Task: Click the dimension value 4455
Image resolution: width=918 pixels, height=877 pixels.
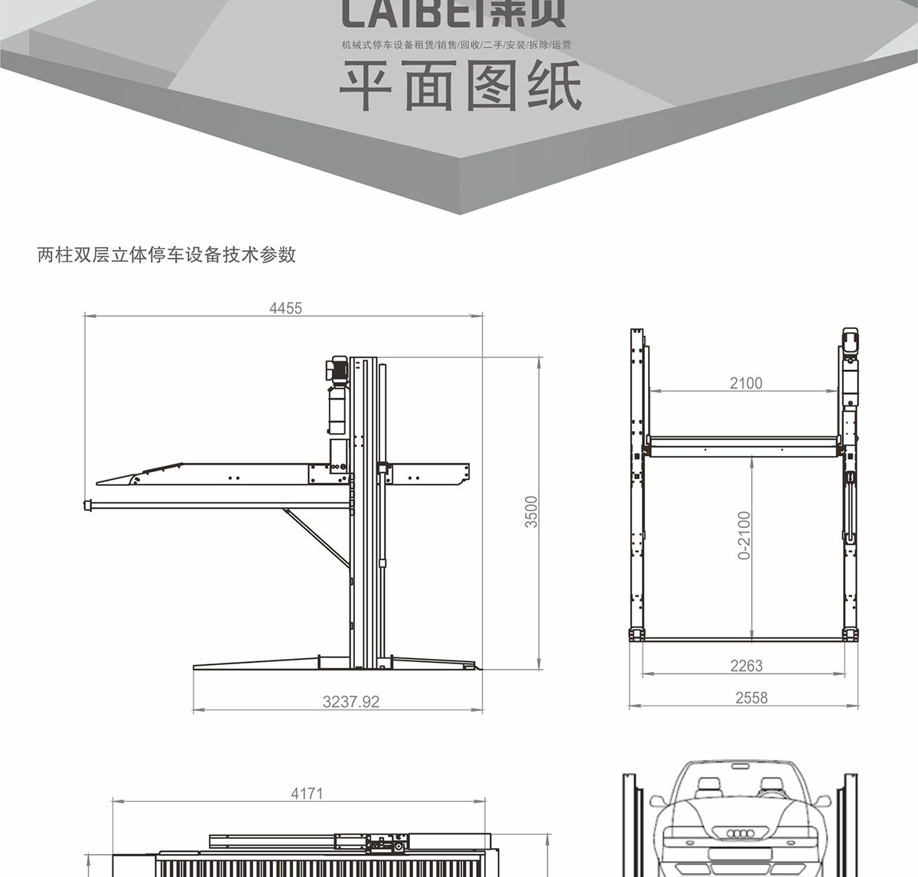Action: [285, 308]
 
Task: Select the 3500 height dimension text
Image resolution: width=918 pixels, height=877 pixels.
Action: [532, 511]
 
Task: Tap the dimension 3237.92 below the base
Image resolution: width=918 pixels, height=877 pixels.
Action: [351, 701]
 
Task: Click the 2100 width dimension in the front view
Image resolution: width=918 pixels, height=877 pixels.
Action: [745, 383]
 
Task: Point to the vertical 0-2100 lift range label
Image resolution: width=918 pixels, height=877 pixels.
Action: [744, 535]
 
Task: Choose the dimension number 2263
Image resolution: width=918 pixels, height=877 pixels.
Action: [746, 666]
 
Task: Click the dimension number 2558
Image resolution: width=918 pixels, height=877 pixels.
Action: [751, 697]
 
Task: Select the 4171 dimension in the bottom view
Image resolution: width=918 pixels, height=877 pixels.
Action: [307, 794]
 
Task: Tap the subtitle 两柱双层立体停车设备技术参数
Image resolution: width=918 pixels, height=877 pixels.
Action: [166, 255]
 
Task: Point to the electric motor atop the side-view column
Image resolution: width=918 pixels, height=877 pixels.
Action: [339, 370]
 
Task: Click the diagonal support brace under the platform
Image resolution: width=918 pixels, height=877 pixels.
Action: [315, 536]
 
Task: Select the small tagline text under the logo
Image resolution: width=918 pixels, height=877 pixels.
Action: [457, 44]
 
